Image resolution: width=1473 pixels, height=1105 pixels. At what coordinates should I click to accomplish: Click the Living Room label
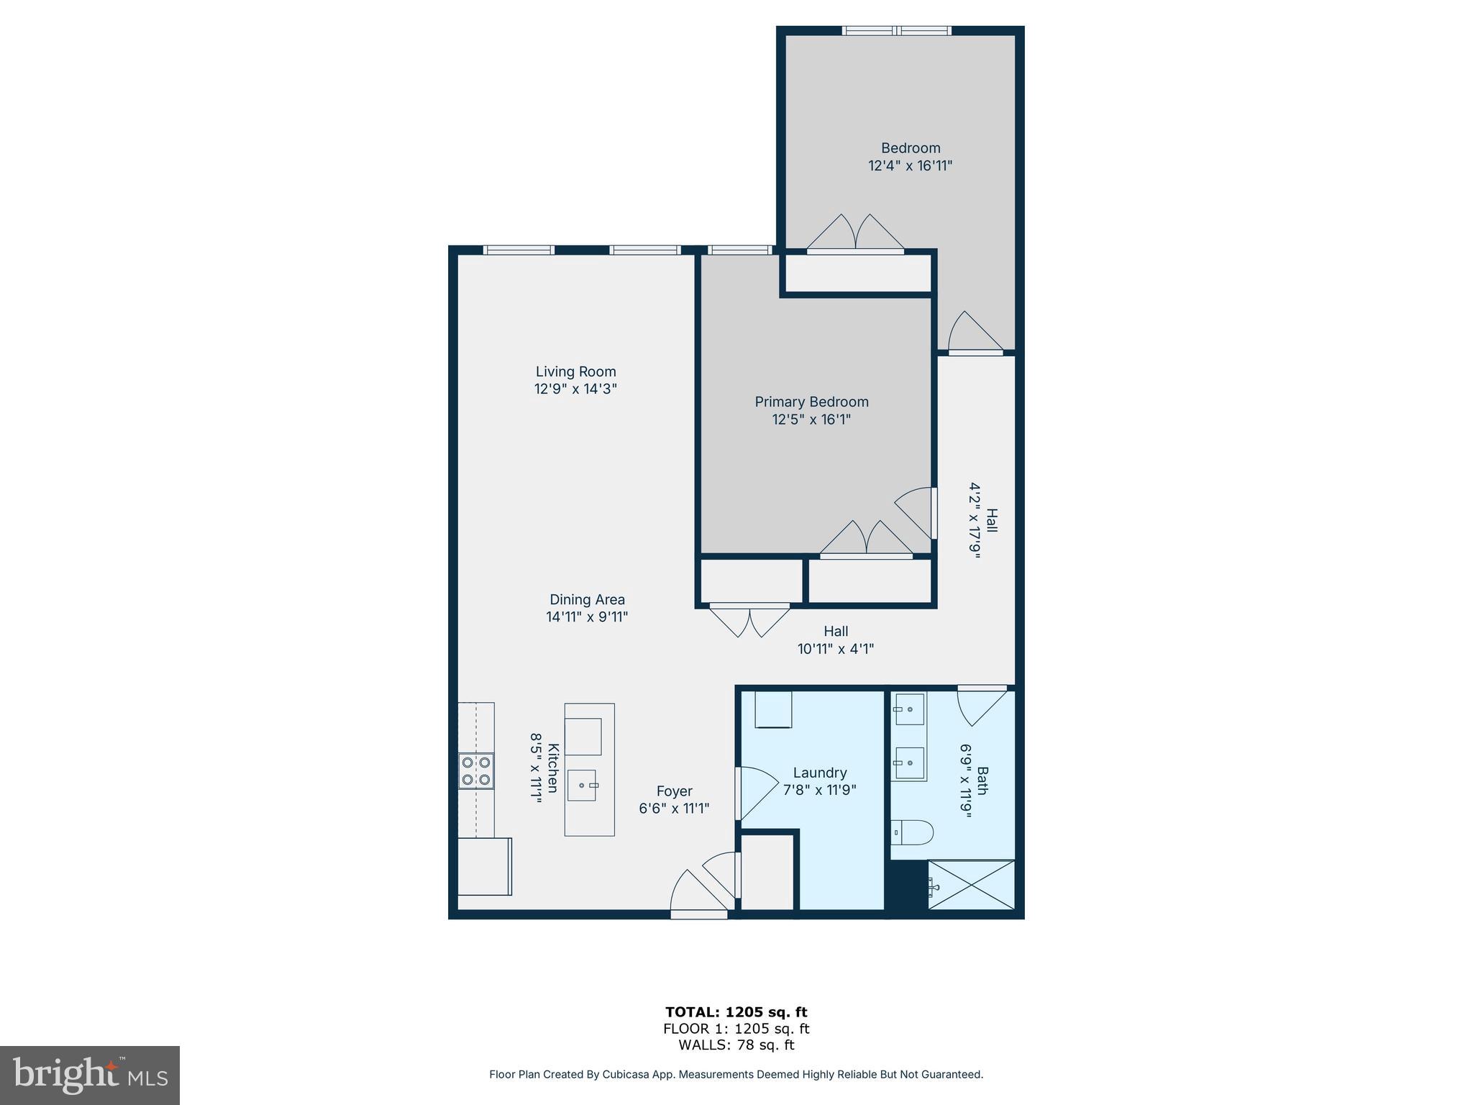pos(575,372)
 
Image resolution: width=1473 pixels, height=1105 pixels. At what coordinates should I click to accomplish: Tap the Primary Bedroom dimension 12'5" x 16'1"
pos(811,419)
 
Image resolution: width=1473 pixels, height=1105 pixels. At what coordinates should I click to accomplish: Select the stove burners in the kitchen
pos(476,770)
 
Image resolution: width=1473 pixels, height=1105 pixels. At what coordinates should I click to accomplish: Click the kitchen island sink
pos(582,785)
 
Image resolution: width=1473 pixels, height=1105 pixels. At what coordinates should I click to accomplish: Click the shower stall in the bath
pos(971,885)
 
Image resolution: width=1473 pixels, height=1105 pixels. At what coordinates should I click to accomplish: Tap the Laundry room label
pos(819,773)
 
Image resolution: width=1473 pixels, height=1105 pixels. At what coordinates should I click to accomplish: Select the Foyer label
pos(674,791)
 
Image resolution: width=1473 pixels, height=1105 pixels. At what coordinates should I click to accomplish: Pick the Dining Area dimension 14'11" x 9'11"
pos(587,617)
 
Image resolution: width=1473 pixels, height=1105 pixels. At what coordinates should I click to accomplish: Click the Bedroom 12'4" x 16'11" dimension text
pos(910,165)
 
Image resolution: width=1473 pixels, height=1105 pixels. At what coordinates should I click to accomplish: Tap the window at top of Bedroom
pos(896,31)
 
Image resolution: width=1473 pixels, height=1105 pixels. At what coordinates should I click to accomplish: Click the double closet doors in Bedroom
pos(855,235)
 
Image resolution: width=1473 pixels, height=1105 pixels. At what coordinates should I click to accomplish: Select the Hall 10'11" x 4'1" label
pos(835,640)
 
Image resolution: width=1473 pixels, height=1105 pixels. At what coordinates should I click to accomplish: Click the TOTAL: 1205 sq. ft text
pos(736,1012)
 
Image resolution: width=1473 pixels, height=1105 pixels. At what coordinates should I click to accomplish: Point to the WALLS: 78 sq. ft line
pos(736,1045)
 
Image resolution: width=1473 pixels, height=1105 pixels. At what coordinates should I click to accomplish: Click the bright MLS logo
pos(90,1076)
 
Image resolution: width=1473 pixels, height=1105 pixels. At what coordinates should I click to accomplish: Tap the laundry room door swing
pos(757,793)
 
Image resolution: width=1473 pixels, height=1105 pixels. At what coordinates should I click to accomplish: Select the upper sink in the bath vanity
pos(909,709)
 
